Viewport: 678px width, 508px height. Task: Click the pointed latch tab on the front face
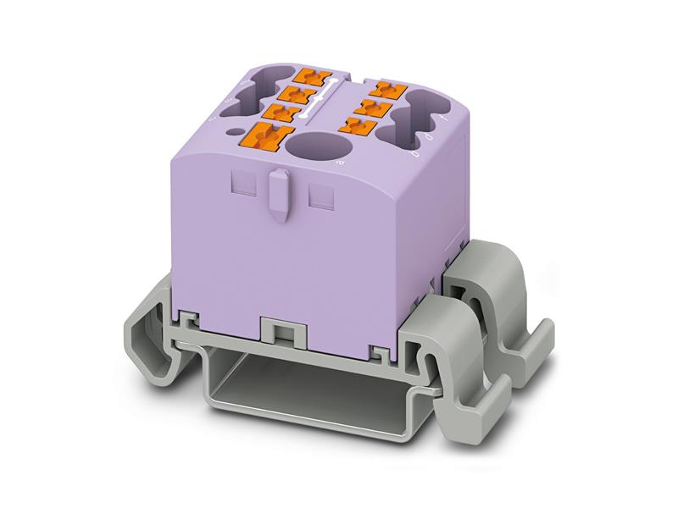[276, 192]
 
